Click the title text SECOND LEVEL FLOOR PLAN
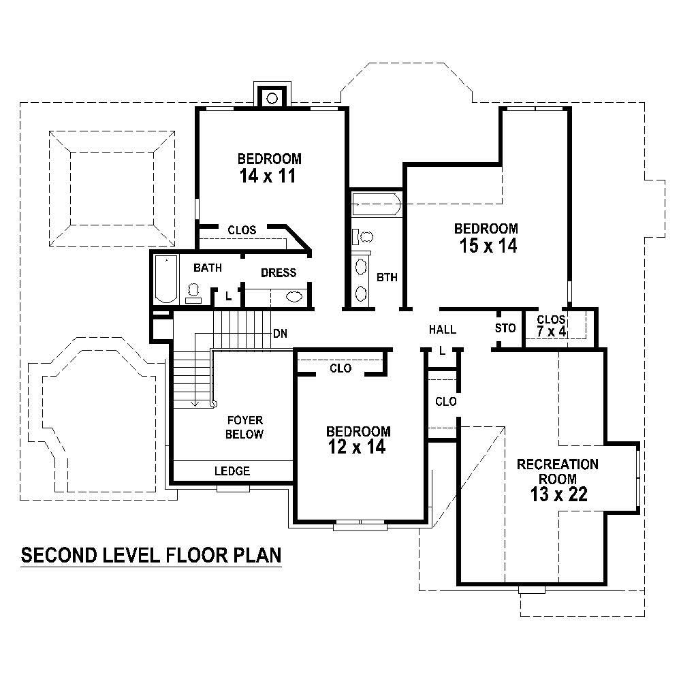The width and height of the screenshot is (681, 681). tap(151, 556)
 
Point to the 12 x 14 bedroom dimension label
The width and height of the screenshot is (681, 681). tap(358, 447)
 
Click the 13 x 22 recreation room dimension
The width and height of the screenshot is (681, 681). tap(558, 494)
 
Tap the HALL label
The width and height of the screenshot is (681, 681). tap(442, 330)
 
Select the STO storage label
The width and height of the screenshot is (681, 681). tap(506, 328)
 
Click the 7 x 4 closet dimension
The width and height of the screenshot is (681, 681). tap(552, 332)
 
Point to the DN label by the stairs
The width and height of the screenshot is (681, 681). tap(279, 334)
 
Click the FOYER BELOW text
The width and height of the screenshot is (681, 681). tap(244, 427)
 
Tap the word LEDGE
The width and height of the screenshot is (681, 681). tap(232, 471)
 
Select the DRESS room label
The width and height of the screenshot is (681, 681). tap(279, 273)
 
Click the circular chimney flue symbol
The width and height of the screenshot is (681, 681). tap(272, 97)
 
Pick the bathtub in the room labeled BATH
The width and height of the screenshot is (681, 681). tap(165, 279)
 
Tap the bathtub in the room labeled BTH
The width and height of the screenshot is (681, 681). tap(375, 204)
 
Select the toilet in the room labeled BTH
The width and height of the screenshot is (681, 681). tap(364, 237)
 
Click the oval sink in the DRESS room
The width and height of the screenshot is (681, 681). tap(295, 296)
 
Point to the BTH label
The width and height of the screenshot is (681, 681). tap(386, 278)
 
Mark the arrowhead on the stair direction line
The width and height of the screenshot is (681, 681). tap(195, 404)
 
